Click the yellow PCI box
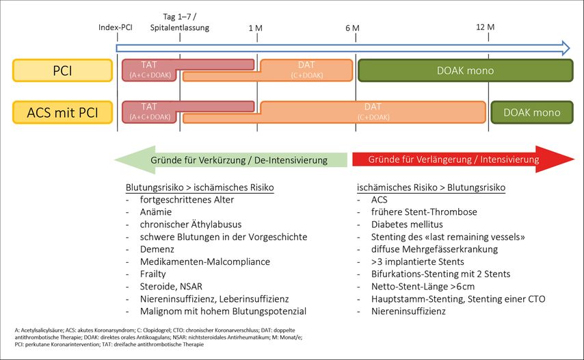(62, 70)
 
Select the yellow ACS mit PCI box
(62, 112)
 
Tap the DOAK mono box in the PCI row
(465, 70)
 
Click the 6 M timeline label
(352, 27)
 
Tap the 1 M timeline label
(255, 27)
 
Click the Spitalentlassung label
(180, 28)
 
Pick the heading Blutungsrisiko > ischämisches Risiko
(200, 187)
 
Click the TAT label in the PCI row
(148, 64)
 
